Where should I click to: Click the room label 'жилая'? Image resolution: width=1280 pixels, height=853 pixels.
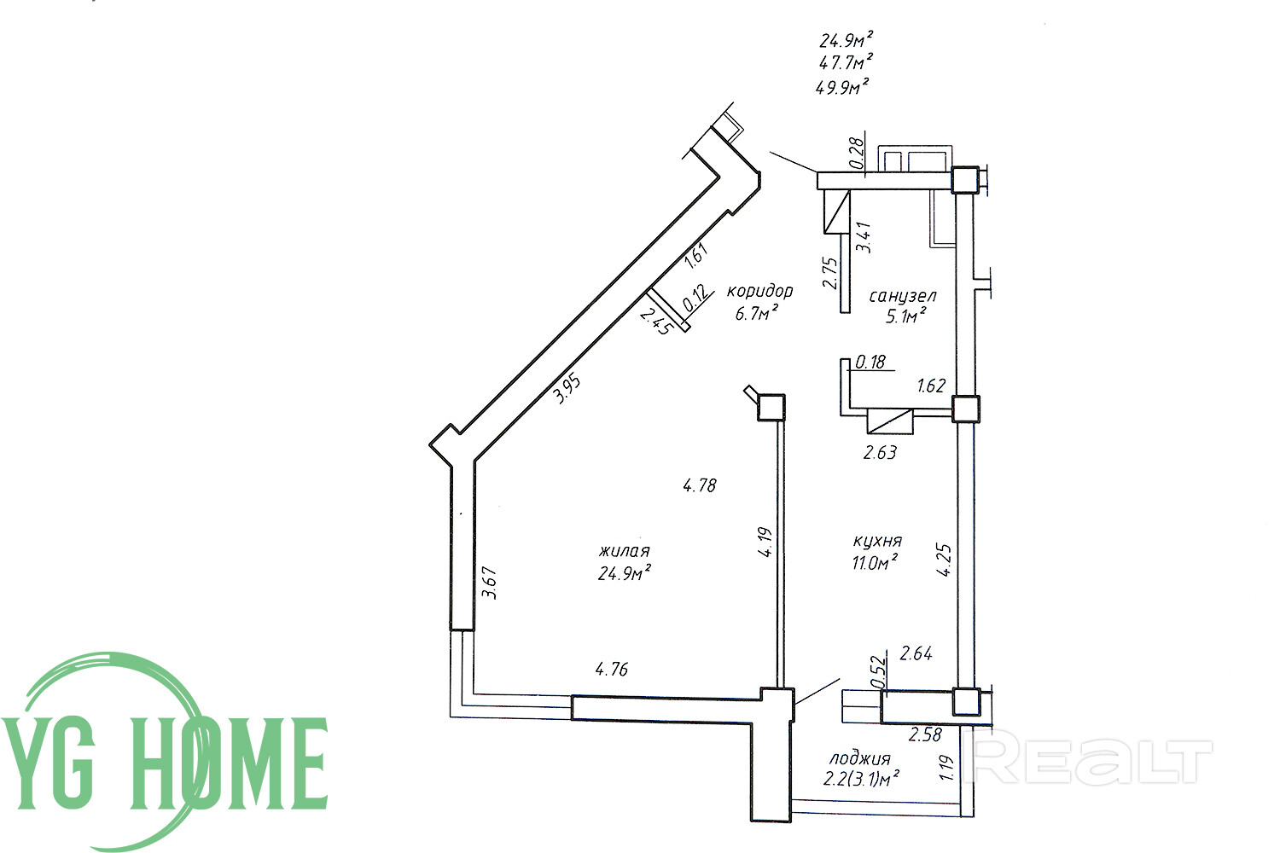[x=624, y=551]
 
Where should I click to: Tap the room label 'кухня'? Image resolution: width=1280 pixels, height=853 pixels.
[x=877, y=541]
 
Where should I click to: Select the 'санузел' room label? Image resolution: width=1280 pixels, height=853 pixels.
[x=903, y=296]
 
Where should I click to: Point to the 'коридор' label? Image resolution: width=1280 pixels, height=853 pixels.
[x=759, y=292]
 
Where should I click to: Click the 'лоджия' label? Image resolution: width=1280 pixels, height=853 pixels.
[x=859, y=759]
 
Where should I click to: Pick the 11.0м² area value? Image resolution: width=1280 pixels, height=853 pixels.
[x=875, y=563]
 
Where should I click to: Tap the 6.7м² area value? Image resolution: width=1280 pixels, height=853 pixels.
[x=757, y=313]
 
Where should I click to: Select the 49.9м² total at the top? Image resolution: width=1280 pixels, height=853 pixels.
[x=843, y=87]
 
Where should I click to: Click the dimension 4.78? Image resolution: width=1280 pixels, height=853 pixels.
[x=700, y=485]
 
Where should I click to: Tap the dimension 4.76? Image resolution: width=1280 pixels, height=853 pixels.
[x=612, y=669]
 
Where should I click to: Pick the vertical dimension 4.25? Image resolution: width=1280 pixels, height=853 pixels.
[x=945, y=560]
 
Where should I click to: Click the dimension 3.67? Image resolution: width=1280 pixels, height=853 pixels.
[x=490, y=583]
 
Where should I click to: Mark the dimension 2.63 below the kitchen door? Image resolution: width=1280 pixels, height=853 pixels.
[x=880, y=453]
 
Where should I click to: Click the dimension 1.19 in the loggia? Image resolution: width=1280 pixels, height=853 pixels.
[x=946, y=768]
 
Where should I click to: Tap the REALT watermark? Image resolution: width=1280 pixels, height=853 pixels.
[x=1087, y=762]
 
